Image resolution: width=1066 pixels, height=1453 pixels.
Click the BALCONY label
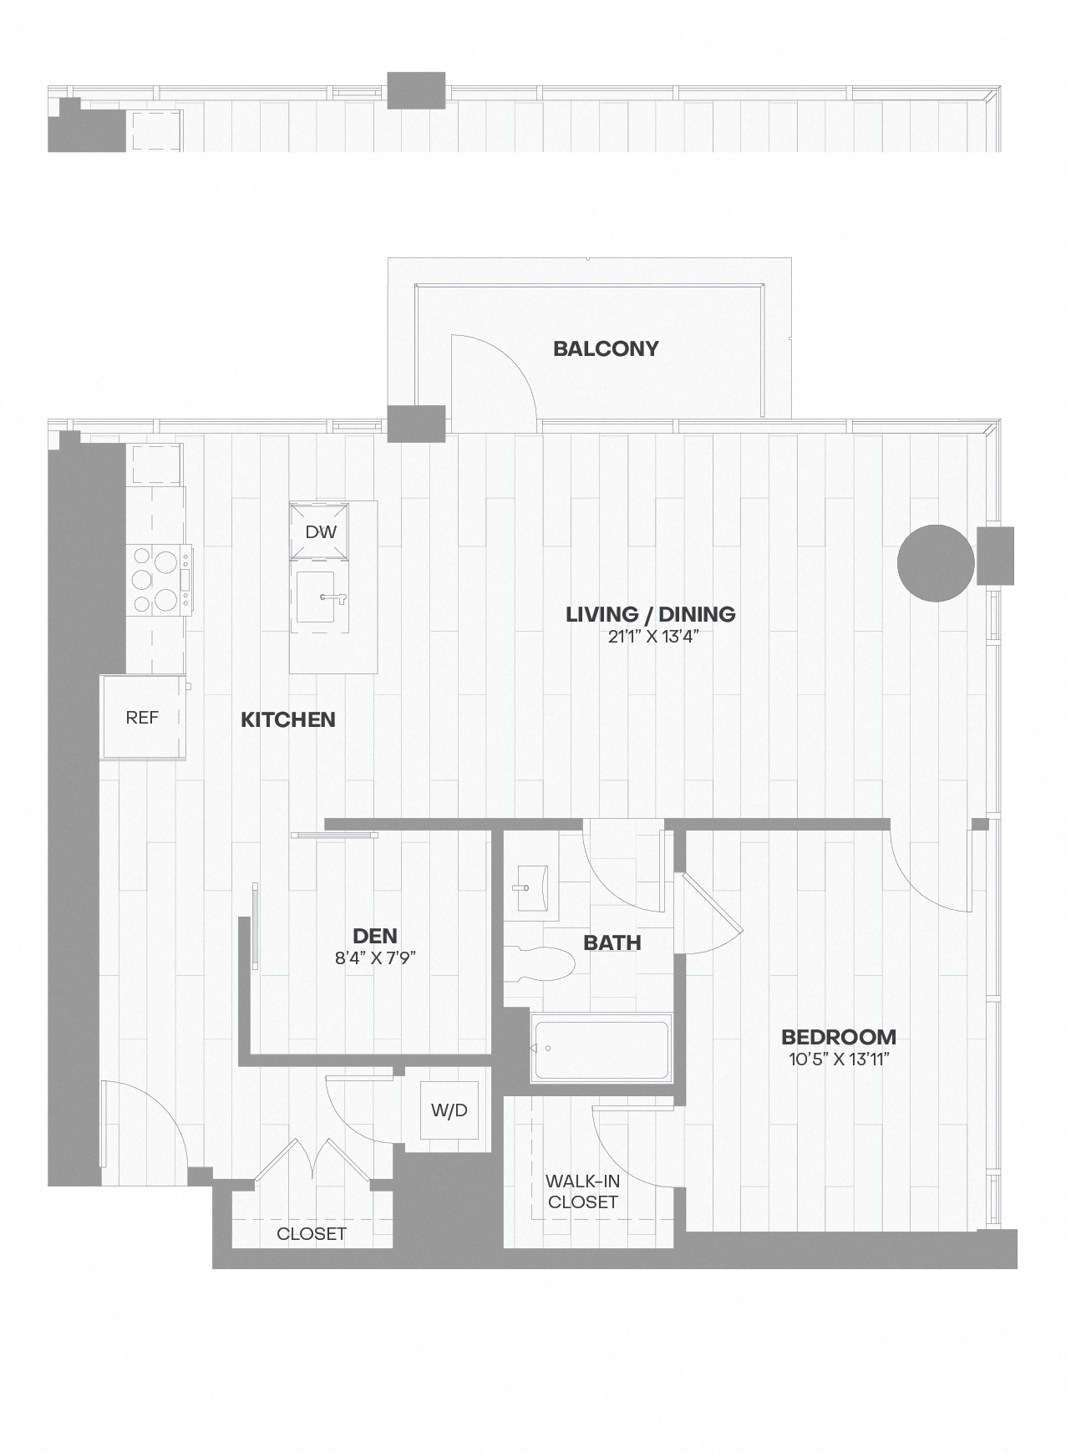(x=606, y=348)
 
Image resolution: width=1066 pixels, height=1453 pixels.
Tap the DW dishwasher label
(x=321, y=531)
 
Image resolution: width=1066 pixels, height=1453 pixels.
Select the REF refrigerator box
(x=142, y=717)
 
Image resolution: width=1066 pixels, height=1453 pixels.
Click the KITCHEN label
(x=288, y=719)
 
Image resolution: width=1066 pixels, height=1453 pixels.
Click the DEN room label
(x=374, y=936)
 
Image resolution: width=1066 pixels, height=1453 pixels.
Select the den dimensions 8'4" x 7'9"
(x=375, y=958)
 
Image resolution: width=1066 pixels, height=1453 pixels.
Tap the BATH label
(x=612, y=943)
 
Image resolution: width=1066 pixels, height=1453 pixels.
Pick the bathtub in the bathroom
(x=602, y=1048)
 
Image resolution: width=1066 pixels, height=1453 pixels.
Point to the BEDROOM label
(x=839, y=1037)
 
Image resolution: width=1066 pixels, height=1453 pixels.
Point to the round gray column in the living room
(x=936, y=563)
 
